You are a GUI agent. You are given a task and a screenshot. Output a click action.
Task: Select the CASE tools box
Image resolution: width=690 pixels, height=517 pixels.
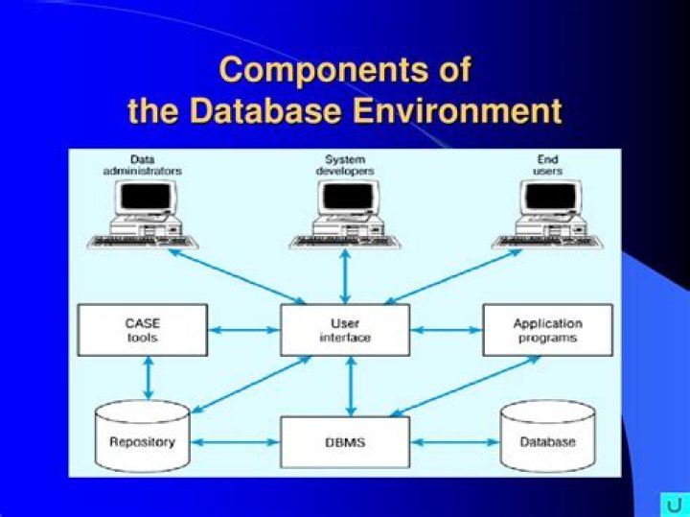pos(143,330)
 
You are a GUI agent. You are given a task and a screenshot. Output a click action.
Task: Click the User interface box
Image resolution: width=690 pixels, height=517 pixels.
pos(345,330)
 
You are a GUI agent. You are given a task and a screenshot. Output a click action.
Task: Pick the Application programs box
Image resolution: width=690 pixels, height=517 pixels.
pos(547,330)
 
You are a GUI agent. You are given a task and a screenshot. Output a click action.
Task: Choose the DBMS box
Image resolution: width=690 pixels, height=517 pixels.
pos(345,442)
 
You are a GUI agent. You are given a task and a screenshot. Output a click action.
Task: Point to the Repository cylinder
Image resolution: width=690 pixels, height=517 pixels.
pos(143,438)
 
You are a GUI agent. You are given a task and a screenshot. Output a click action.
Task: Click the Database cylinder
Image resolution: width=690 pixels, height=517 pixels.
pos(547,438)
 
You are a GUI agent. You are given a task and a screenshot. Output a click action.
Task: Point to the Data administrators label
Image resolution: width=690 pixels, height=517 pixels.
pos(143,164)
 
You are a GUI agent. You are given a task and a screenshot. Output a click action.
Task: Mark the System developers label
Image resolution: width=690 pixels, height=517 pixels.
pos(345,164)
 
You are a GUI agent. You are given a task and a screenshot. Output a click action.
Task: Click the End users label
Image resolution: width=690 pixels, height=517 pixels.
pos(547,164)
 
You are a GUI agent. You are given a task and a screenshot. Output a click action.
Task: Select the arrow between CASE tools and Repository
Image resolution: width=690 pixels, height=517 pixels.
pos(148,378)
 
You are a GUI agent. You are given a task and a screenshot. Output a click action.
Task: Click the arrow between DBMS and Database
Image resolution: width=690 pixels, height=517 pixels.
pos(454,442)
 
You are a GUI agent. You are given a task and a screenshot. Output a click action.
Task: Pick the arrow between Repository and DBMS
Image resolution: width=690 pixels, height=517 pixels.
pos(235,442)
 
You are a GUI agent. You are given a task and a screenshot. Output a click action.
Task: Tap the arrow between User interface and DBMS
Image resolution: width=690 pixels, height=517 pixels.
pos(351,386)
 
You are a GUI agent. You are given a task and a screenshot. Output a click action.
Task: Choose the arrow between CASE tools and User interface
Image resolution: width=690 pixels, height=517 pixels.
pos(243,330)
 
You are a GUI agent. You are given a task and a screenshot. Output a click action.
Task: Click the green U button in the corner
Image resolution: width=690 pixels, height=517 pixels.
pos(674,504)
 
